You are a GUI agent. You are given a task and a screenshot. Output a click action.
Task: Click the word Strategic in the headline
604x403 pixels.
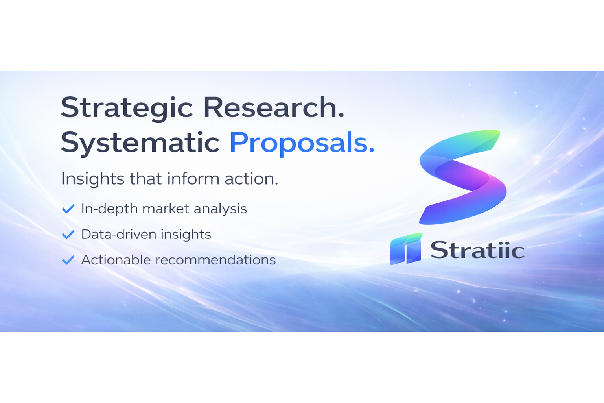coord(127,108)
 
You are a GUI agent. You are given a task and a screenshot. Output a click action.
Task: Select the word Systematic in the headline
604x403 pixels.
coord(140,142)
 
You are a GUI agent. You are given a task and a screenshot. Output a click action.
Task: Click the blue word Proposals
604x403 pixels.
coord(302,142)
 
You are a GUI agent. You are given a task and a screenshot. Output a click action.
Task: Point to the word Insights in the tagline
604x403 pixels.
coord(93,179)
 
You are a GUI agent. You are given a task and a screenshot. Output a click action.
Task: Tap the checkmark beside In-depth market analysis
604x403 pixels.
coord(68,209)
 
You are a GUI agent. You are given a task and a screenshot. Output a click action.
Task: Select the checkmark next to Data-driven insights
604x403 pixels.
coord(68,235)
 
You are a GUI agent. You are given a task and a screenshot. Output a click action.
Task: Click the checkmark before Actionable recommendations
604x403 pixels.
coord(68,260)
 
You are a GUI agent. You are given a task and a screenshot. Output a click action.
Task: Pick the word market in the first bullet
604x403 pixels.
coord(165,209)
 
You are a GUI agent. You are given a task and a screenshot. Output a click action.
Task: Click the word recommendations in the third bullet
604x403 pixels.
coord(215,260)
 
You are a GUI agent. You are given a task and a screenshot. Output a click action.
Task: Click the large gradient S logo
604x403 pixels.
coord(463,177)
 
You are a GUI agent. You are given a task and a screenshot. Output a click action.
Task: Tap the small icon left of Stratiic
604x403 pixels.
coord(406,249)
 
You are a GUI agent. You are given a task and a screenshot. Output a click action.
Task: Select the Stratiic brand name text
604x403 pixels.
coord(477,250)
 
